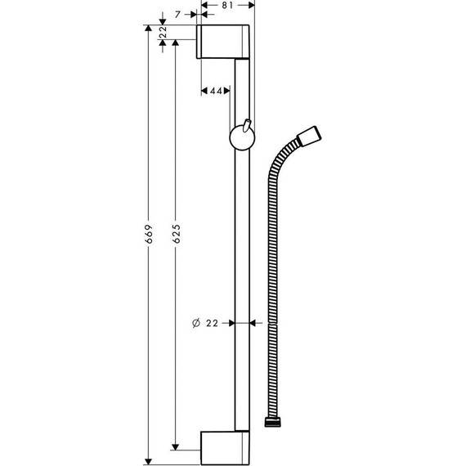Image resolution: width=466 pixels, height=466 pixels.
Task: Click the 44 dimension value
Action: pos(217,92)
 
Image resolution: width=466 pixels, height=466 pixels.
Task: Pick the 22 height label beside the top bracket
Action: pos(163,33)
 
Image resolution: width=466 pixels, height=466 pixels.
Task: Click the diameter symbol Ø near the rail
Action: pos(196,323)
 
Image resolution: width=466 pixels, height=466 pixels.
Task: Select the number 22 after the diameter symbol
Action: pos(212,323)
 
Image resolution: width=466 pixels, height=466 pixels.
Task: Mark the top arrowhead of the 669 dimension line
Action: pos(148,30)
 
